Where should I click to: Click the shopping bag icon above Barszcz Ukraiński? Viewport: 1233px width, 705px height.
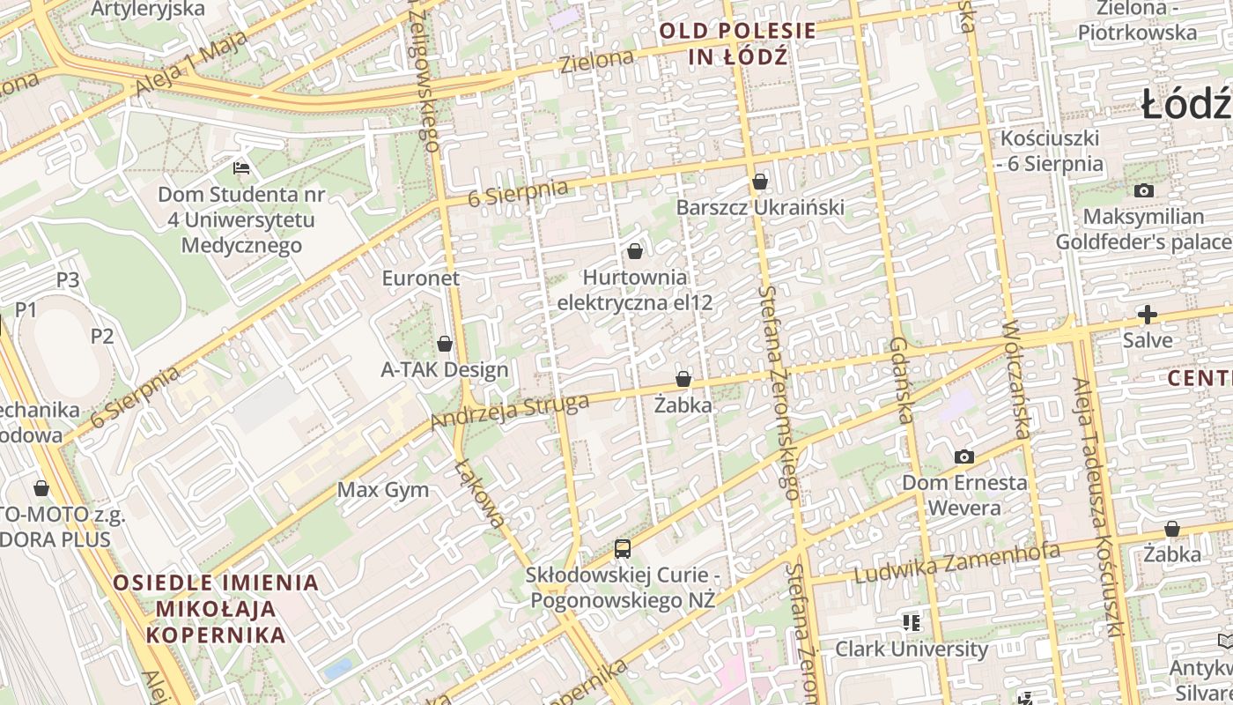click(x=760, y=182)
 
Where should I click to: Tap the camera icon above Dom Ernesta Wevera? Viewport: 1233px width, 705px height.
click(x=964, y=456)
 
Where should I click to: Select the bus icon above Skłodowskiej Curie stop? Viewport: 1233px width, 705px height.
click(x=623, y=549)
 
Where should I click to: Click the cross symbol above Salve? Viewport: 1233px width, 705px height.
click(x=1147, y=315)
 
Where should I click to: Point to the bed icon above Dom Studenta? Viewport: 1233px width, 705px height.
click(x=240, y=167)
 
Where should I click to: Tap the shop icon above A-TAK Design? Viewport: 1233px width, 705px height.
click(x=445, y=344)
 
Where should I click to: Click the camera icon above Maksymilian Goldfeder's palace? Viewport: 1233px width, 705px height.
click(x=1143, y=190)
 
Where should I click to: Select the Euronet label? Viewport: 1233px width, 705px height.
click(x=421, y=278)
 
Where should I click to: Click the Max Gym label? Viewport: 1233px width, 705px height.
click(x=383, y=490)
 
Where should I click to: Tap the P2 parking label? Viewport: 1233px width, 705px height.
click(x=102, y=336)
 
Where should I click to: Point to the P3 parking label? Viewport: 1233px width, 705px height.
click(x=68, y=280)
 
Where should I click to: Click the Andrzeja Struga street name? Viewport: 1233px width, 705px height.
click(x=509, y=412)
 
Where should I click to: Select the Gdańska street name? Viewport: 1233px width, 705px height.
click(x=903, y=380)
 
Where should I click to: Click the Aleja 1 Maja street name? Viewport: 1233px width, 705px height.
click(x=181, y=70)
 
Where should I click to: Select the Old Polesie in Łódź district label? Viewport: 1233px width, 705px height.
click(x=738, y=44)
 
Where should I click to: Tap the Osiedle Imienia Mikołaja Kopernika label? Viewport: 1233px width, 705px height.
click(x=216, y=608)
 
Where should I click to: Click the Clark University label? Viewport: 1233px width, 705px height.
click(x=912, y=649)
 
